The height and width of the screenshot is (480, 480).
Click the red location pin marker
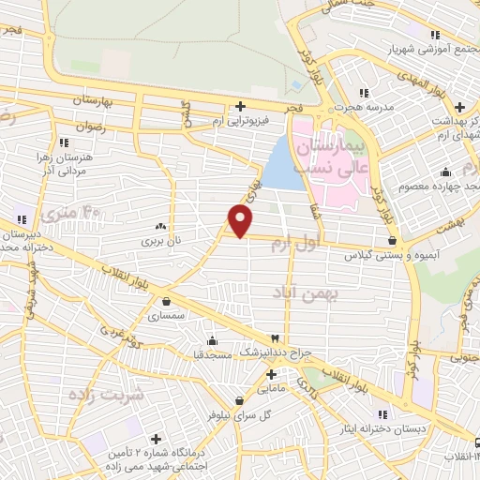(x=241, y=220)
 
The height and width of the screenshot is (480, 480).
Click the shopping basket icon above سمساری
(x=167, y=302)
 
